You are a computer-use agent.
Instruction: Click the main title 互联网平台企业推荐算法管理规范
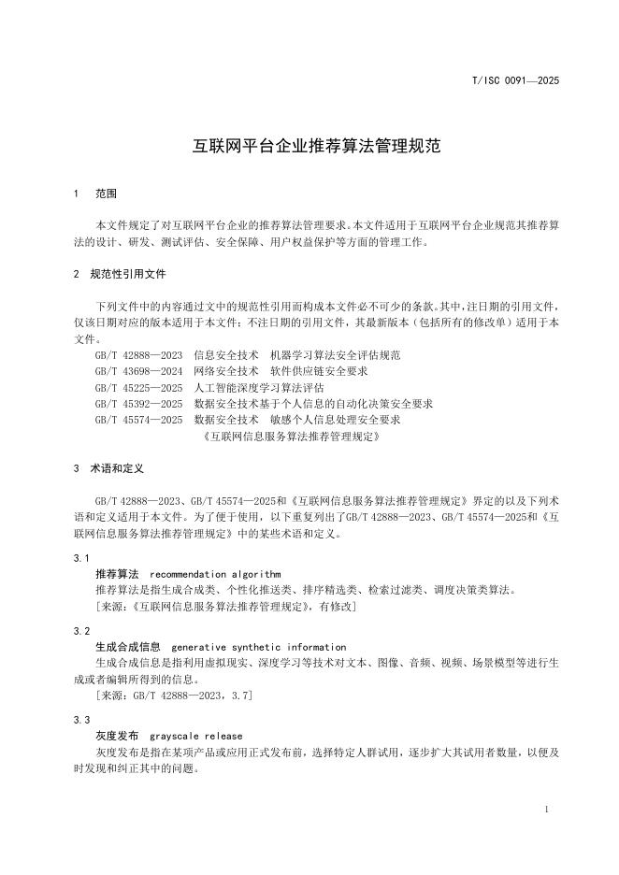point(309,148)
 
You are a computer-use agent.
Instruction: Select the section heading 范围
point(107,194)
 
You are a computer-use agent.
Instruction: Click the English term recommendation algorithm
point(215,574)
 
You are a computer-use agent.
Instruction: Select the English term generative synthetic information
point(259,647)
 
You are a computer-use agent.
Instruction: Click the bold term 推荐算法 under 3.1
point(117,574)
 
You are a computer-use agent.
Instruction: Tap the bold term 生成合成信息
point(129,647)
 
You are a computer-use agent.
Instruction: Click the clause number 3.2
point(80,632)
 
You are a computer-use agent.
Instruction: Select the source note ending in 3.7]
point(174,696)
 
